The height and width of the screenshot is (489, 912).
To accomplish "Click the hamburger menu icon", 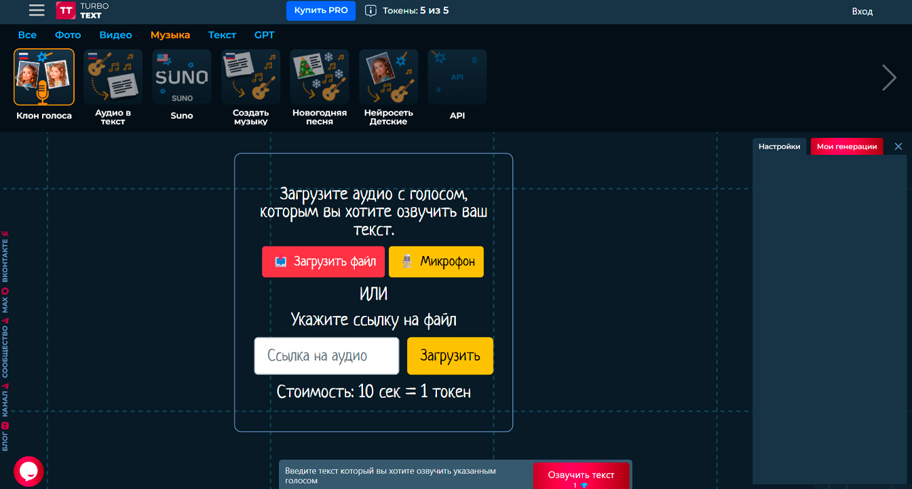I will point(37,10).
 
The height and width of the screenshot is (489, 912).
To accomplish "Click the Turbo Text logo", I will point(82,10).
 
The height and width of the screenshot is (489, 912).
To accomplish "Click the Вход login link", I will point(862,11).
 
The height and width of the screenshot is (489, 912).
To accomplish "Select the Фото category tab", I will point(68,35).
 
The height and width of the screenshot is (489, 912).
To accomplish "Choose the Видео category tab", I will point(115,35).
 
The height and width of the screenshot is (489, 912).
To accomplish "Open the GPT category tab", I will point(264,35).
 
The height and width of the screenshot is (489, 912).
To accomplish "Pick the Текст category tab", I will point(222,35).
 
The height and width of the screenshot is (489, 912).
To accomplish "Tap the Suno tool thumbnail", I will point(181,77).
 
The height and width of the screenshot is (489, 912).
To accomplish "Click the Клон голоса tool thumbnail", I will point(44,77).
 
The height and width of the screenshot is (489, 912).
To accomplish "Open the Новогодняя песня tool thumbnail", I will point(320,77).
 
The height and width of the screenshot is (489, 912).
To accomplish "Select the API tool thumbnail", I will point(457,77).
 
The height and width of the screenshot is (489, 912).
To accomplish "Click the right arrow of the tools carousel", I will point(889,77).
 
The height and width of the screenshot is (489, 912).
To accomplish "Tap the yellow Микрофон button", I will point(436,261).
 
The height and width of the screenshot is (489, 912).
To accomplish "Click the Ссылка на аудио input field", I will point(326,356).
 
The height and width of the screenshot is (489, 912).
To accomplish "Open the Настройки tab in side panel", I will point(779,147).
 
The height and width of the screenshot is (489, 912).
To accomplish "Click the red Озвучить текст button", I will point(581,475).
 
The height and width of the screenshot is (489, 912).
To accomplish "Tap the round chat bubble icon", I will point(28,471).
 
